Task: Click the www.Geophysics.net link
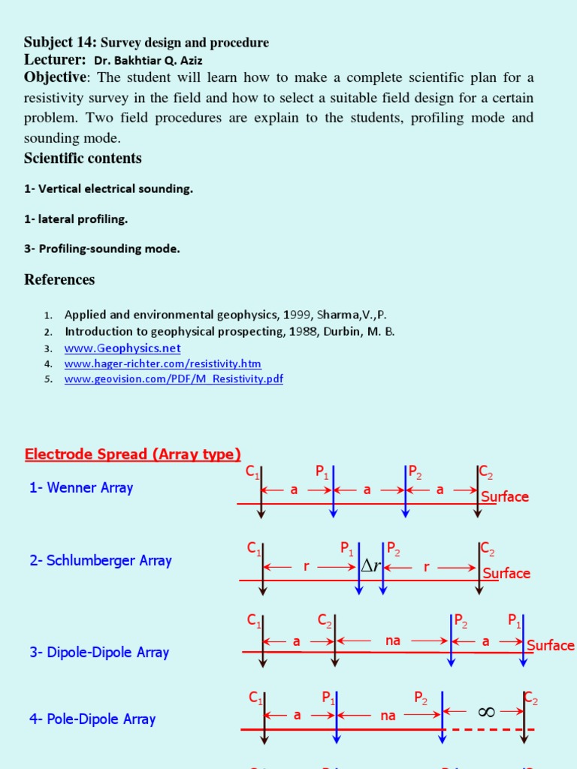122,348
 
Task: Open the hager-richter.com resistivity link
162,363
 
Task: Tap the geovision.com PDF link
174,379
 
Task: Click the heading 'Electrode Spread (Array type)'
132,454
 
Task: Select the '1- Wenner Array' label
81,488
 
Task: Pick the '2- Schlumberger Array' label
101,561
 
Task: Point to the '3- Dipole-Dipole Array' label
99,653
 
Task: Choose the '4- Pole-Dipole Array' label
92,719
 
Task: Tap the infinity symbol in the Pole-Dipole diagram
486,712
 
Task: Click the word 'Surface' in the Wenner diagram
505,496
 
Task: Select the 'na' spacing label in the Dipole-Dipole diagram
393,641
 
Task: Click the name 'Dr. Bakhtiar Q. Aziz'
148,59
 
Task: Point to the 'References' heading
59,280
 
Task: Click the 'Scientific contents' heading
83,158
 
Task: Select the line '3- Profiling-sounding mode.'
102,249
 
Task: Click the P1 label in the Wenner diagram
322,472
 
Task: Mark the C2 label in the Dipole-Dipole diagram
325,621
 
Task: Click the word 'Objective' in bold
56,77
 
